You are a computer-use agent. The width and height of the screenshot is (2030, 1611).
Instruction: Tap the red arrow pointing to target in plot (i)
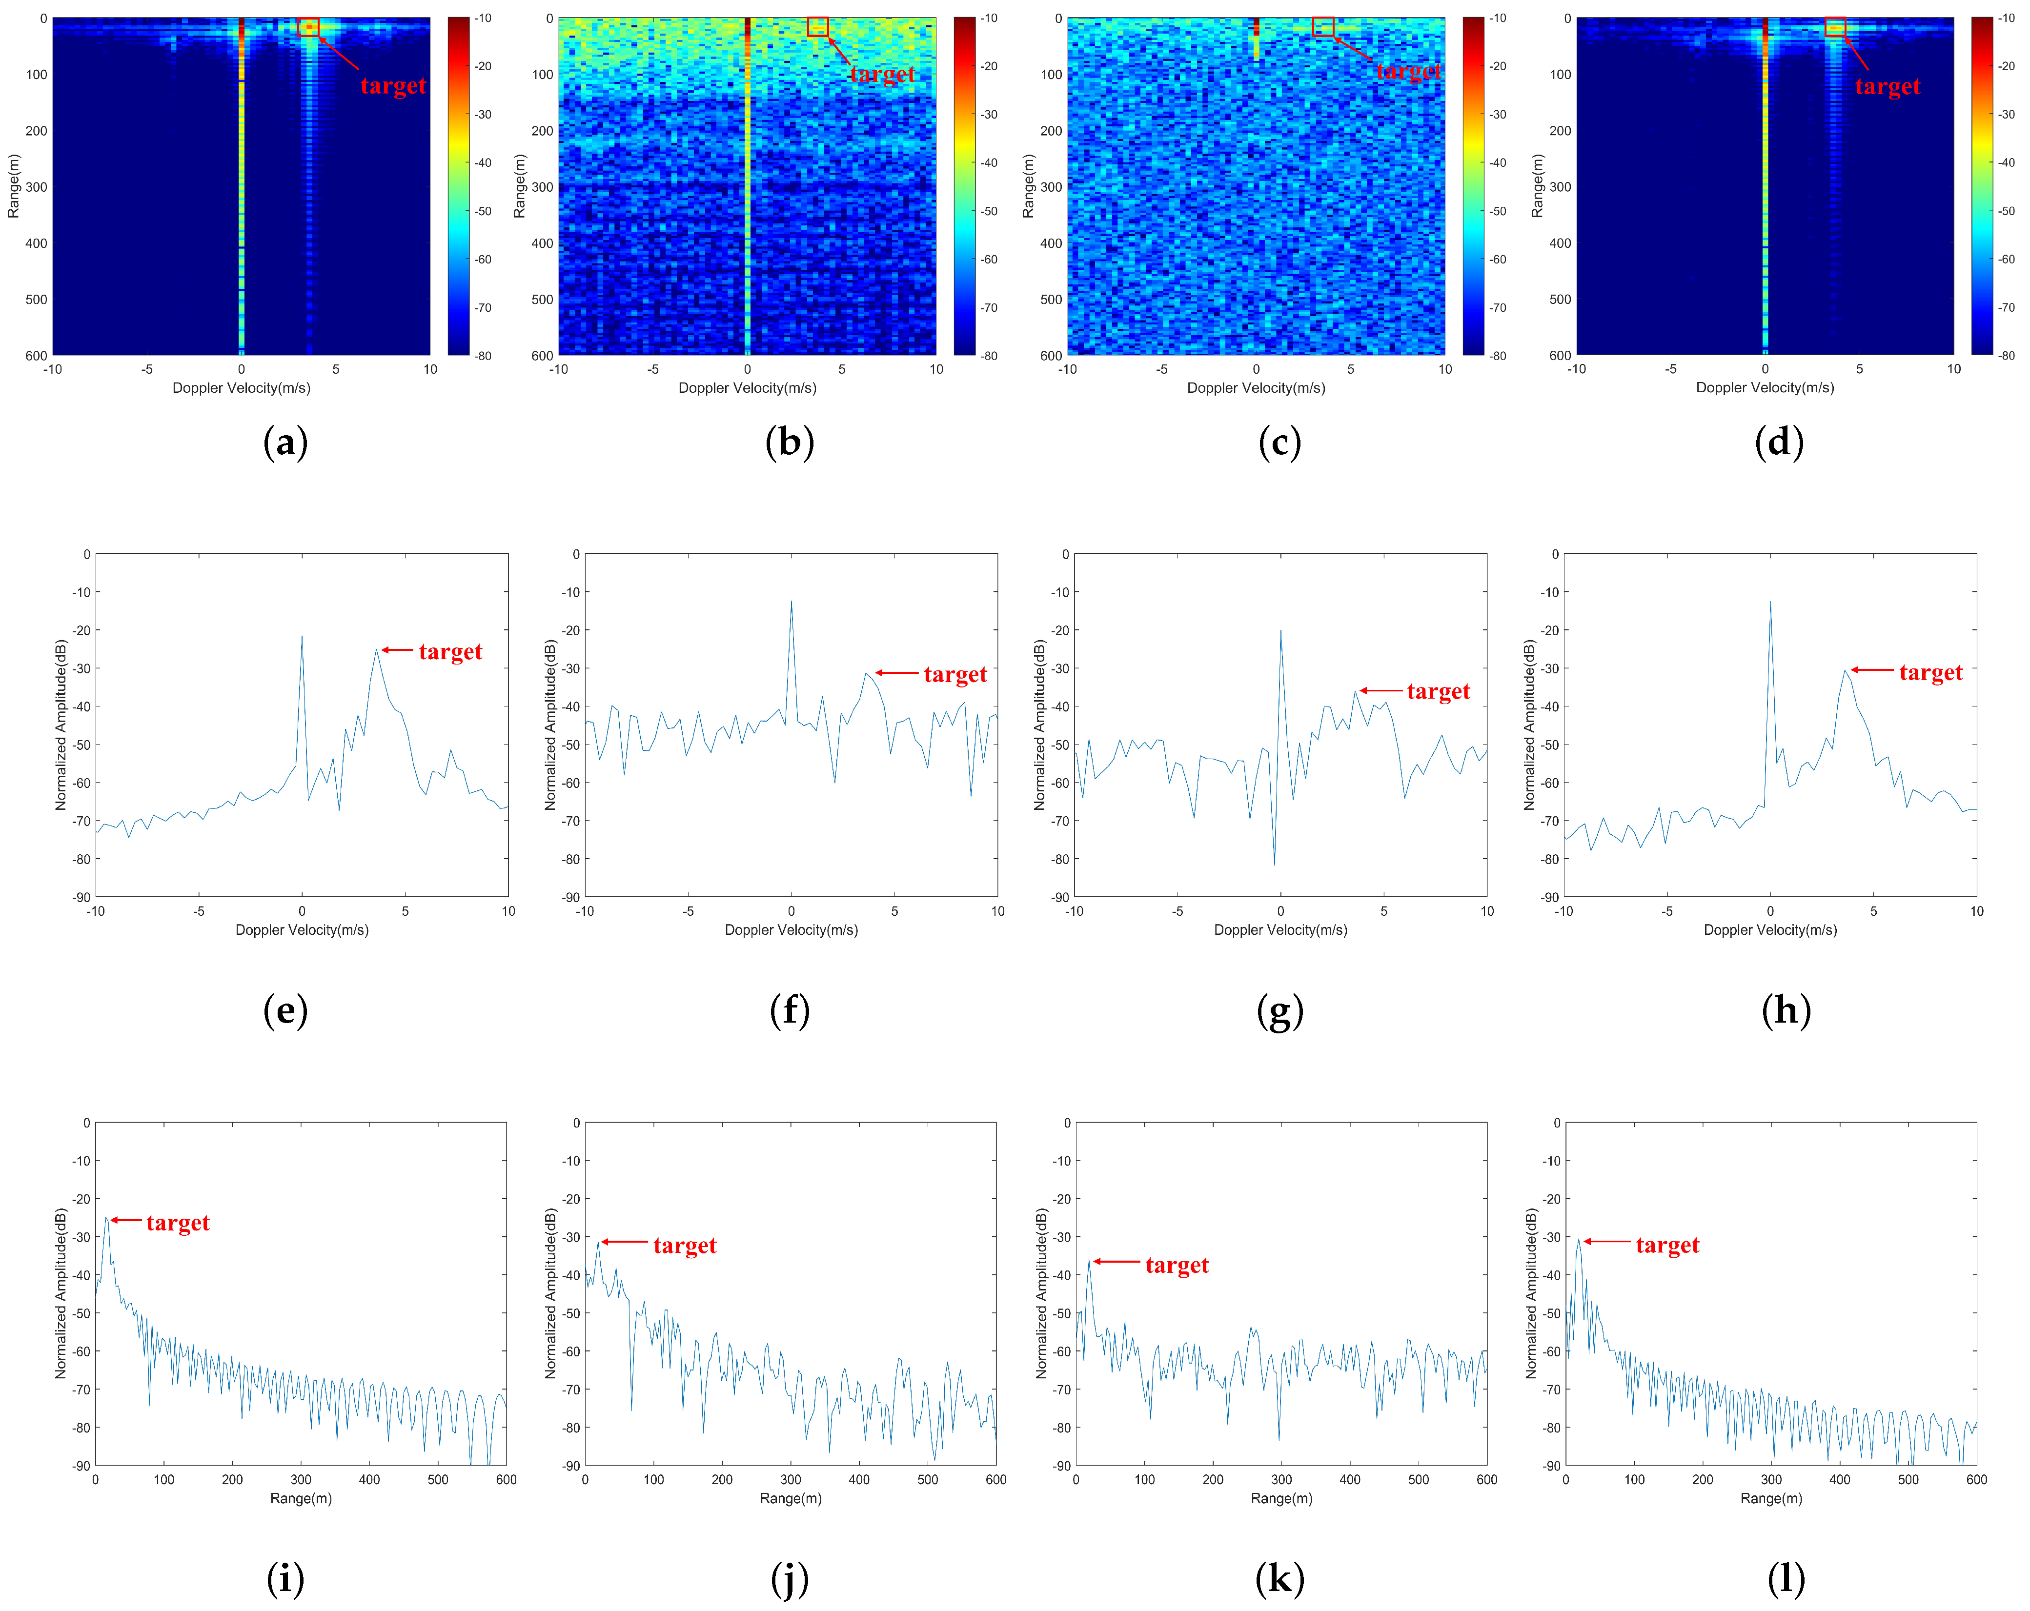tap(126, 1220)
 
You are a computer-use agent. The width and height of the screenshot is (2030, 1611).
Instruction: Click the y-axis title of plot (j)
tap(551, 1294)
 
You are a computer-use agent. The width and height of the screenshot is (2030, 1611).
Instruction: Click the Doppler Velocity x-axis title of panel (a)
tap(241, 388)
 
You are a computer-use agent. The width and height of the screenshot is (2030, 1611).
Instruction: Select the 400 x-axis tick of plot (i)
tap(369, 1479)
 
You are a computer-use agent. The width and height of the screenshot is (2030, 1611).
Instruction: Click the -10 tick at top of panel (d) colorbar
tap(2007, 18)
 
